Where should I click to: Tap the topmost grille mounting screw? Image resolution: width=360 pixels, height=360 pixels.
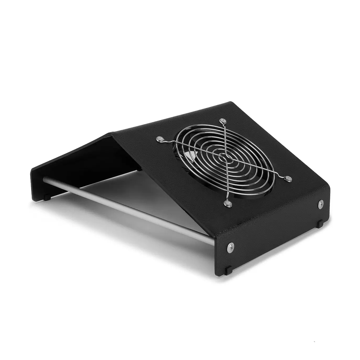point(223,121)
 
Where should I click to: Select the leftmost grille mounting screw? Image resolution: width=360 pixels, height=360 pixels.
point(159,139)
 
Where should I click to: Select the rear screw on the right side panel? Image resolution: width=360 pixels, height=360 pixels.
point(321,204)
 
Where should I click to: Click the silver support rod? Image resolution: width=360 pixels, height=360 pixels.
point(126,209)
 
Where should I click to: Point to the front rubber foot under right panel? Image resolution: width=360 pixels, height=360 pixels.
point(228,270)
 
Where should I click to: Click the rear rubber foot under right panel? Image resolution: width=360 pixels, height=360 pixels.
point(320,224)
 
